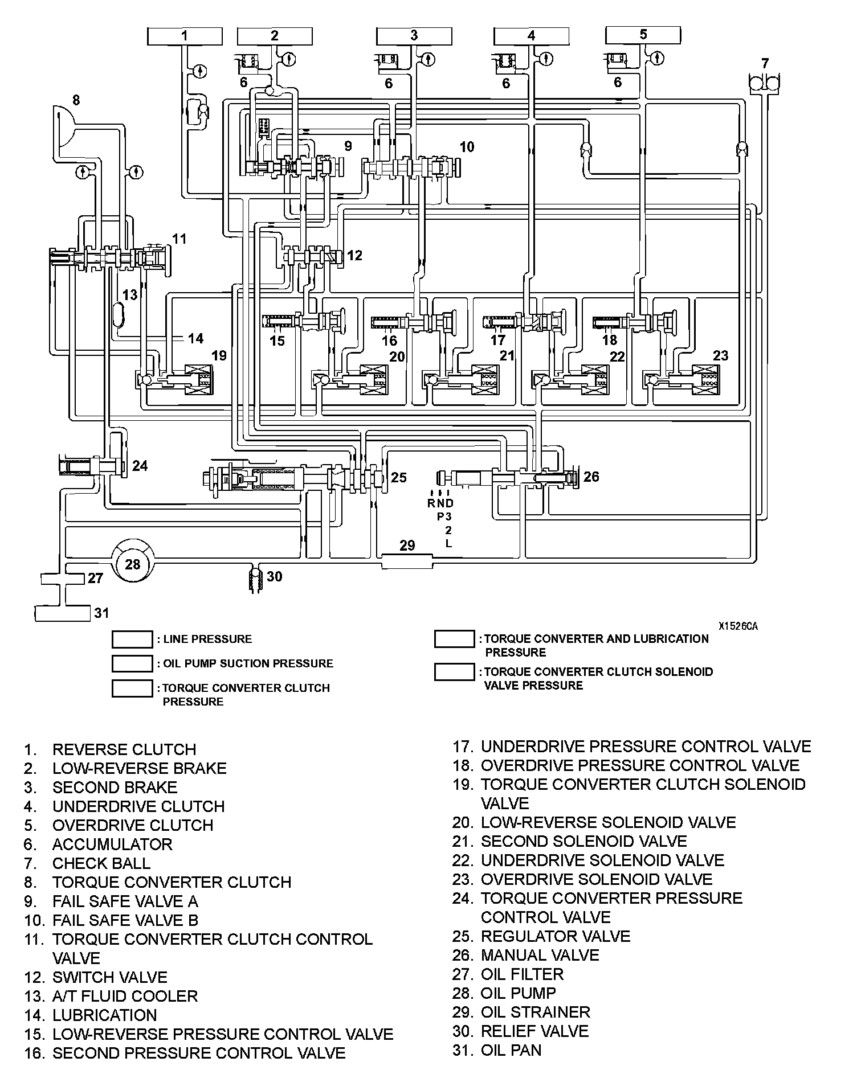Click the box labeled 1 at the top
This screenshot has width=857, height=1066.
[x=184, y=36]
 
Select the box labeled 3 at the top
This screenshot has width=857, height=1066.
[x=414, y=36]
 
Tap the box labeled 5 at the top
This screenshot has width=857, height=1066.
[x=643, y=35]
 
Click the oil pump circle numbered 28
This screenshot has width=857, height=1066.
[x=132, y=564]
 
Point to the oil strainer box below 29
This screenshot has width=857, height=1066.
[x=407, y=562]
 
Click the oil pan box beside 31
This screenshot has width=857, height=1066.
[x=63, y=613]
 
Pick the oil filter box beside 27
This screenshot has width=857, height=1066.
[x=63, y=579]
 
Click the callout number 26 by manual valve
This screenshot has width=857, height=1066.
[x=591, y=477]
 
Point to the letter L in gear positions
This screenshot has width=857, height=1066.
[x=448, y=543]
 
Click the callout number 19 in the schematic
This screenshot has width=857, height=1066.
[x=219, y=356]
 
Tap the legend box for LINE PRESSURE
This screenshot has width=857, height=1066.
[x=132, y=639]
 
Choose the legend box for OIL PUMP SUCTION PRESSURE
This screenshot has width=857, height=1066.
[x=132, y=663]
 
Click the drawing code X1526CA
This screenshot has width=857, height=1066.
[x=738, y=626]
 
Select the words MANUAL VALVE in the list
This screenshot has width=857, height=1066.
[x=540, y=955]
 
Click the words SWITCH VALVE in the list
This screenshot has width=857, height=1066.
[x=110, y=977]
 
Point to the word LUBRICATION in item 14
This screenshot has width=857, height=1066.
[x=104, y=1015]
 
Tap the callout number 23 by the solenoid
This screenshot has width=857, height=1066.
[x=720, y=355]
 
